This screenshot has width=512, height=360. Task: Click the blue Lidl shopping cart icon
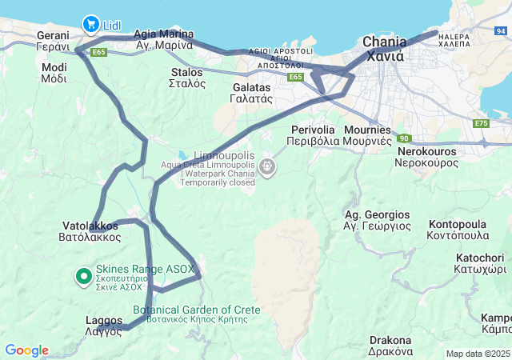(90, 24)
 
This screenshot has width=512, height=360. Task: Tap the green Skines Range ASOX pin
(83, 277)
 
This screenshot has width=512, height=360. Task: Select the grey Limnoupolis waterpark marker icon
(267, 167)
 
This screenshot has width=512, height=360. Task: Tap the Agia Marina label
(164, 39)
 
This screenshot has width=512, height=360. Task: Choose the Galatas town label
(253, 93)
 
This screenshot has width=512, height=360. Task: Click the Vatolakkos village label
(90, 232)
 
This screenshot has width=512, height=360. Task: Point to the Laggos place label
(104, 326)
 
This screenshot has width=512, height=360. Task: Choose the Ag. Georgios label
(376, 221)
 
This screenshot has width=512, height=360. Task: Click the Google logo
(26, 350)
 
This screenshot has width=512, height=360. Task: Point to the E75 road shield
(481, 123)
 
